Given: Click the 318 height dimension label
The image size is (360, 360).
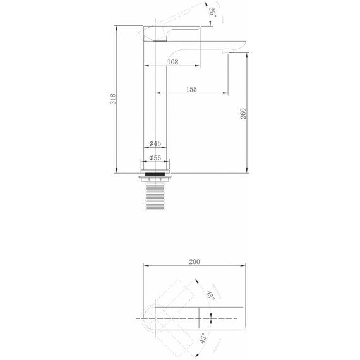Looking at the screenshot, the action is click(113, 99).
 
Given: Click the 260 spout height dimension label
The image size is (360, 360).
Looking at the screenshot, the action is click(243, 114).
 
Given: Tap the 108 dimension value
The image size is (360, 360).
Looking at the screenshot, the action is click(172, 62).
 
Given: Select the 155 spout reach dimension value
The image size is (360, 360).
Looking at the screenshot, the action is click(191, 89).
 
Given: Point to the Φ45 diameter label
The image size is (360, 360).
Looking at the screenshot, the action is click(155, 143).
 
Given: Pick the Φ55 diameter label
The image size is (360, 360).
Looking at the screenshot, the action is click(155, 158).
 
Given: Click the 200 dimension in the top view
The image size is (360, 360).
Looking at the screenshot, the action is click(195, 261).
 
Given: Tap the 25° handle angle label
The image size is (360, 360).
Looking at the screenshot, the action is click(212, 13).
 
